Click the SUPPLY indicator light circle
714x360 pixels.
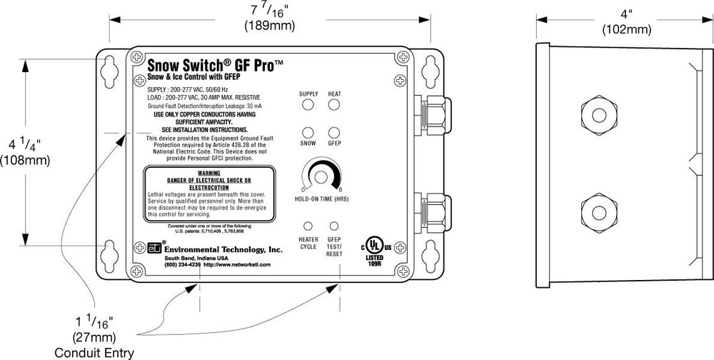tap(308, 105)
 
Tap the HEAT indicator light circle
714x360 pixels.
tap(334, 105)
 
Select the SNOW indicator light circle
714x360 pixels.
tap(308, 133)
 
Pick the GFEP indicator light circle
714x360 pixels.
tap(334, 133)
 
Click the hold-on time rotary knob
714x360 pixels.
tap(321, 176)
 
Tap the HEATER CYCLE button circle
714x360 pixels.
tap(308, 226)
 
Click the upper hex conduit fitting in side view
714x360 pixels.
tap(595, 113)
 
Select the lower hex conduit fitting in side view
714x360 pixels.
tap(595, 212)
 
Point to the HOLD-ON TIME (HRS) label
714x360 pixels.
tap(321, 198)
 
